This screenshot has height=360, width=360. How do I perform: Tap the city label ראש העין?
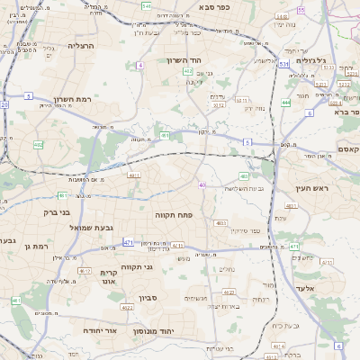coord(313,188)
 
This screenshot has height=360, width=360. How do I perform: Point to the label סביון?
coord(148,298)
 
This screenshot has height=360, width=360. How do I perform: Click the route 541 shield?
coord(146,5)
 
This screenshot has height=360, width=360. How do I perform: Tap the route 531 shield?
coord(283,64)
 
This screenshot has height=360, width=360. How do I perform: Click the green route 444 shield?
coord(285,103)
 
